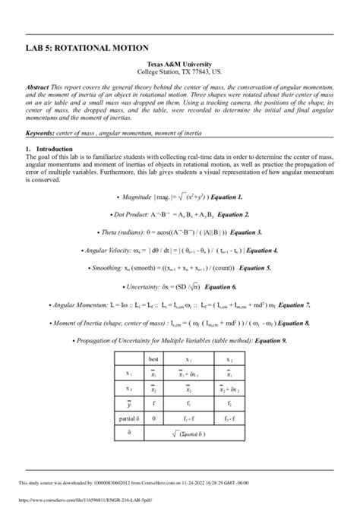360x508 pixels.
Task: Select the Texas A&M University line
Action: click(x=179, y=66)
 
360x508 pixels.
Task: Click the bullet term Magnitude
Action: click(x=118, y=195)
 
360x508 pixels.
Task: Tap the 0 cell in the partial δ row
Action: click(x=154, y=418)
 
